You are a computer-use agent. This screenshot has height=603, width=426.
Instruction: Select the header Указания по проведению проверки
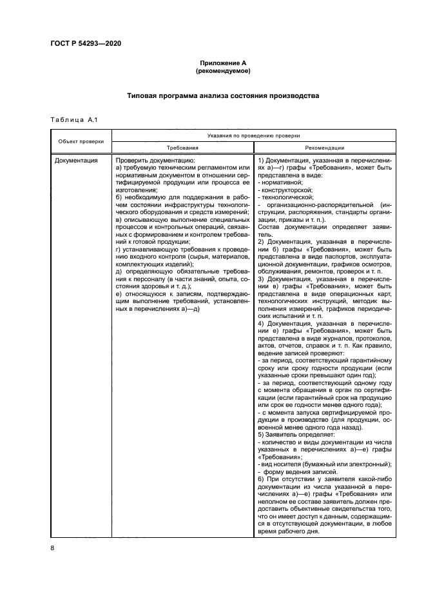click(253, 135)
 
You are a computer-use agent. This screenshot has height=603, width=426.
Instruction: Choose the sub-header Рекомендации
click(325, 147)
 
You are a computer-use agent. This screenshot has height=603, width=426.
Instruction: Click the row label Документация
click(76, 159)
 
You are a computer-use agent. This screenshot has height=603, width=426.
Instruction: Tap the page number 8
click(52, 548)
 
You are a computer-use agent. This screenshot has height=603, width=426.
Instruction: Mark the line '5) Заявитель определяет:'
click(292, 436)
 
